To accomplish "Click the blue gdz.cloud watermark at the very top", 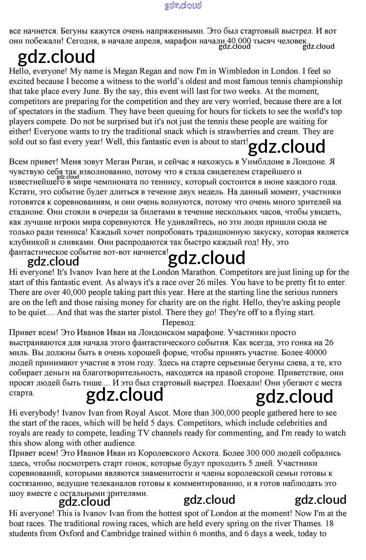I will tap(183, 6).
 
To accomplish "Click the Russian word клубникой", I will tap(32, 242).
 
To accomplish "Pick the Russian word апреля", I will tap(163, 41).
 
